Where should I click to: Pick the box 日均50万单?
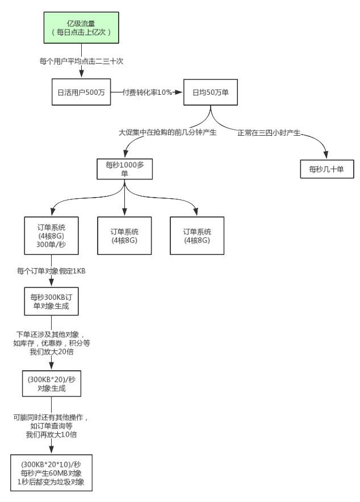(x=211, y=91)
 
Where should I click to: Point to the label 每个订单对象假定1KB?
(x=52, y=271)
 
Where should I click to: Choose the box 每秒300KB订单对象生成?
(x=52, y=302)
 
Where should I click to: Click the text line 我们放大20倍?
(x=52, y=352)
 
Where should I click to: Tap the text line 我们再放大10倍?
(x=52, y=434)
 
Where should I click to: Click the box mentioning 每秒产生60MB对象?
(x=52, y=472)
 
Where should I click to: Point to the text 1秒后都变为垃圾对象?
(x=52, y=482)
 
